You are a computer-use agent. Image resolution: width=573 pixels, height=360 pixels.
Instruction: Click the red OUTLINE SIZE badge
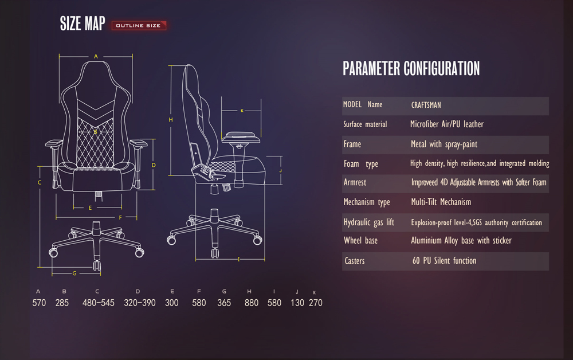(139, 26)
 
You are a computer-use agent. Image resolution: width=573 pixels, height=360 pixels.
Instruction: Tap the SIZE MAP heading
(83, 24)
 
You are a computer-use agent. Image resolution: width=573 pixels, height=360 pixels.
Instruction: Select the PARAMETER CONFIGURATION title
(411, 68)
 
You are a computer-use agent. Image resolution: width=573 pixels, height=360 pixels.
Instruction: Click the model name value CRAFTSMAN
(426, 105)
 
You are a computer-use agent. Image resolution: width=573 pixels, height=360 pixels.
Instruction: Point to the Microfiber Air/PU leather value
(446, 124)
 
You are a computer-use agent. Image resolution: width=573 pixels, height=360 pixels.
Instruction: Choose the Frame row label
(352, 144)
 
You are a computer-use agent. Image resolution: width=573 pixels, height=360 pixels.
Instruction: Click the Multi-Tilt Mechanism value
(441, 202)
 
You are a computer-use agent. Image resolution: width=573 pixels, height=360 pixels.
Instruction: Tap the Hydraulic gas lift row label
(368, 222)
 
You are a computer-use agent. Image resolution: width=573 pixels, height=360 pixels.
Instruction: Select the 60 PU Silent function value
(445, 261)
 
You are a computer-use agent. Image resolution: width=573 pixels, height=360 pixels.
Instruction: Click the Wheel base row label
(360, 241)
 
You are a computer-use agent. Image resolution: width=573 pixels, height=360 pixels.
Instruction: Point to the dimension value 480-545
(99, 303)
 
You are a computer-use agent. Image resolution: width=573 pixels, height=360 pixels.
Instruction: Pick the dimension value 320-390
(140, 303)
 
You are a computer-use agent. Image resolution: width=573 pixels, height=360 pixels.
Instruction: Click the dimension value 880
(252, 303)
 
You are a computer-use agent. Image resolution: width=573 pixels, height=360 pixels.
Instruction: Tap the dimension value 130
(297, 303)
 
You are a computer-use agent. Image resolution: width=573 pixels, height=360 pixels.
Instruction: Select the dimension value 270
(316, 303)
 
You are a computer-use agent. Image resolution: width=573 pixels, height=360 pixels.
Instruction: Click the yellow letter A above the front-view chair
(96, 56)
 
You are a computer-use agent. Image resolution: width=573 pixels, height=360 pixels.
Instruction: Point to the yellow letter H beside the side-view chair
(171, 120)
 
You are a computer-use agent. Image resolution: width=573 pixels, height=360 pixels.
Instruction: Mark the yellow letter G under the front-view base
(74, 273)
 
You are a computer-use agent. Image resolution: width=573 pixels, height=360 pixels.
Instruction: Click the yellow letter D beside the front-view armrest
(154, 165)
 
